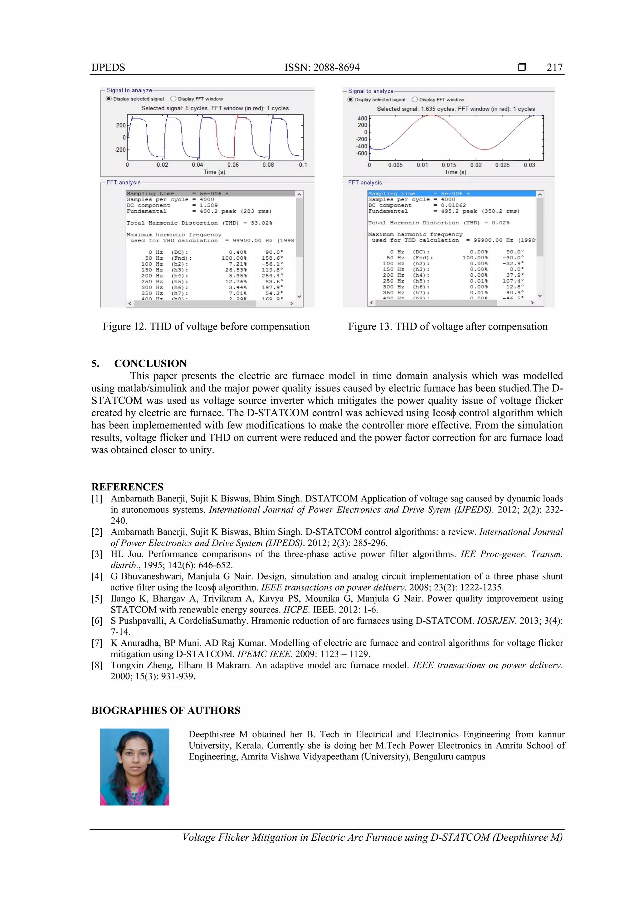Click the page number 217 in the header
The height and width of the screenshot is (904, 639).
pyautogui.click(x=554, y=67)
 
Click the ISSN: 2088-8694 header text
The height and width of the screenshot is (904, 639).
pyautogui.click(x=322, y=67)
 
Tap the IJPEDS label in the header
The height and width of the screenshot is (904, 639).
pyautogui.click(x=108, y=67)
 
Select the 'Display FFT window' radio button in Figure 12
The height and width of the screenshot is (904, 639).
pyautogui.click(x=173, y=99)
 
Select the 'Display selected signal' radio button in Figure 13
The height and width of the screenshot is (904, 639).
pyautogui.click(x=350, y=100)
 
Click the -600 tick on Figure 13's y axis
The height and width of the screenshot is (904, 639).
pyautogui.click(x=361, y=154)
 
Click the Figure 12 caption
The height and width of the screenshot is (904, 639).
pyautogui.click(x=206, y=326)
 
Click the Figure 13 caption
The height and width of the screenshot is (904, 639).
pyautogui.click(x=448, y=326)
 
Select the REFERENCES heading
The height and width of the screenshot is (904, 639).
pyautogui.click(x=127, y=487)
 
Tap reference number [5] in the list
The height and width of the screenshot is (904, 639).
pyautogui.click(x=97, y=599)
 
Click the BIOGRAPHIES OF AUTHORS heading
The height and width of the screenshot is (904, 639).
pyautogui.click(x=166, y=710)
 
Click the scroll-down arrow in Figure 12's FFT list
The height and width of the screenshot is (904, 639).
pyautogui.click(x=299, y=296)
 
